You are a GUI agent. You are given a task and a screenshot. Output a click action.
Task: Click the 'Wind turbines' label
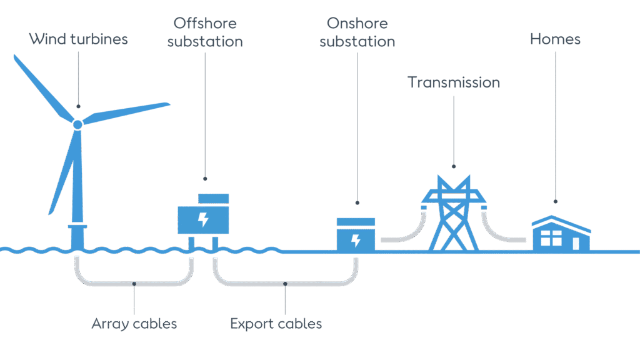click(78, 39)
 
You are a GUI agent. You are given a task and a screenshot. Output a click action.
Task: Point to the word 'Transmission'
click(454, 82)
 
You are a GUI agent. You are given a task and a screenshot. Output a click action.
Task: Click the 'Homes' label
click(555, 39)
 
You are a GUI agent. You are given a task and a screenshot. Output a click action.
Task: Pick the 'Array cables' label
click(134, 324)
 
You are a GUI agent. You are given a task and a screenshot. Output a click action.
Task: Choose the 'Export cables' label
click(276, 324)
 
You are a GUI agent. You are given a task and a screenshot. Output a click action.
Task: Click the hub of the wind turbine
click(77, 124)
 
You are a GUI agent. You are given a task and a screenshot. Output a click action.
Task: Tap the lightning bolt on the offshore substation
click(202, 219)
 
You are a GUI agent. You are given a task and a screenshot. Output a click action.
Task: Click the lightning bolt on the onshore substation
click(356, 240)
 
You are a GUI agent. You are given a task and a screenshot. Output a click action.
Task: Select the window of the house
click(551, 238)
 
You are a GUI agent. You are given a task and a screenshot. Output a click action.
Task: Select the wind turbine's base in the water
click(77, 236)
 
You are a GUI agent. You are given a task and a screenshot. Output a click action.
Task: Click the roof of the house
click(561, 223)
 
